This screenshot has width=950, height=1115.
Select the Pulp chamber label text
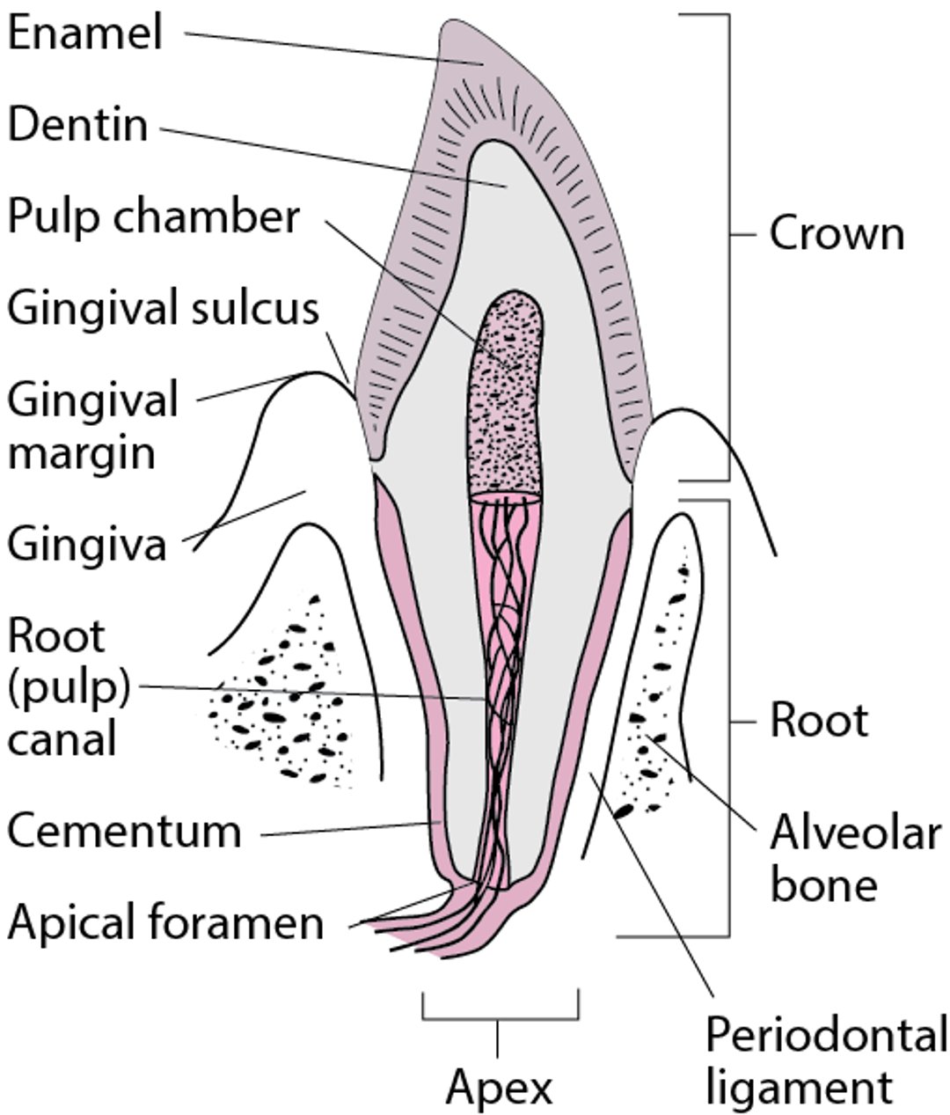[x=154, y=216]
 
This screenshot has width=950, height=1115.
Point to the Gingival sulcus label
[x=163, y=309]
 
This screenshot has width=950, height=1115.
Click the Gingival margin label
[x=92, y=426]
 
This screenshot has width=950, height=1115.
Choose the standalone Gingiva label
[x=87, y=544]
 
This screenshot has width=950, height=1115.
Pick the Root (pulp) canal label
[x=69, y=686]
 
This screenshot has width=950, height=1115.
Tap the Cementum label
[x=124, y=831]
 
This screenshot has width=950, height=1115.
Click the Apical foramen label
[x=166, y=923]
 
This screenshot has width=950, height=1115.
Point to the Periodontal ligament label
[x=825, y=1061]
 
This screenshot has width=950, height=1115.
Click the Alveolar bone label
[x=854, y=858]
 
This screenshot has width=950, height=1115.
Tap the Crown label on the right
[x=836, y=234]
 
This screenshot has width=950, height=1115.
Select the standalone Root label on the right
[x=818, y=721]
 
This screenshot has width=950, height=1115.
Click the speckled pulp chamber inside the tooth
[x=507, y=396]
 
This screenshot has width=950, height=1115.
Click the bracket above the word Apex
[x=500, y=1018]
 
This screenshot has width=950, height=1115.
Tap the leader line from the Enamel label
[x=325, y=48]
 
